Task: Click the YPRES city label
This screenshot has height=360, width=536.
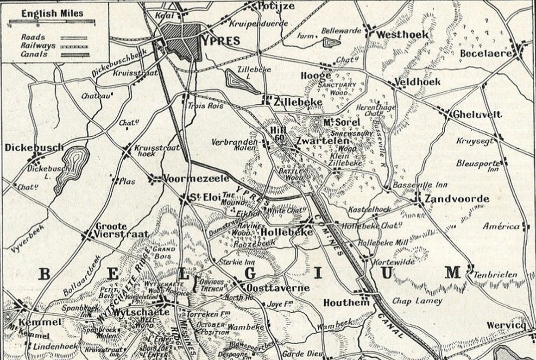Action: pos(221,41)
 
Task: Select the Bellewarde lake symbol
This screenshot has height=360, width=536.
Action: pos(331,42)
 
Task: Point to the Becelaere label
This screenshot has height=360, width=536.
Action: pos(484,54)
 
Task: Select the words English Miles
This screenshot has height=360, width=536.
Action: pos(52,13)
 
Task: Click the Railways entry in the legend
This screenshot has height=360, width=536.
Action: pos(38,46)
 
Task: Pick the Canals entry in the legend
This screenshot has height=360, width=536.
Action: pos(34,54)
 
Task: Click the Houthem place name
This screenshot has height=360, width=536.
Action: pos(346,303)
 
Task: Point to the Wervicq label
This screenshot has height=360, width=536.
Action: pos(506,325)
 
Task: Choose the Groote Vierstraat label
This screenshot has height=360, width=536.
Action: pos(122,230)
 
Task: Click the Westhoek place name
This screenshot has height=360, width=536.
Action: pos(402,34)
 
